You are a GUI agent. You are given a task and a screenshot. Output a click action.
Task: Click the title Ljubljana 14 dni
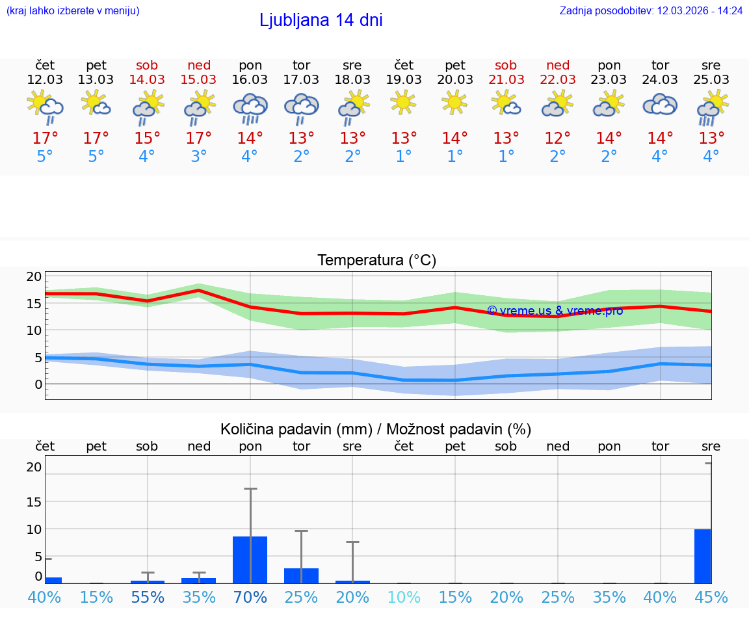[x=321, y=20]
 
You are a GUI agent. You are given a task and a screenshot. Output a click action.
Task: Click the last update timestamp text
[x=651, y=10]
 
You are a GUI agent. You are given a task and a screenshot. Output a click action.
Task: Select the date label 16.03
[x=250, y=80]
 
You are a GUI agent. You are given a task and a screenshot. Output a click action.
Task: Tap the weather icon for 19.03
[x=404, y=102]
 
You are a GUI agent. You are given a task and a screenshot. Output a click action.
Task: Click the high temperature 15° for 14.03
[x=148, y=139]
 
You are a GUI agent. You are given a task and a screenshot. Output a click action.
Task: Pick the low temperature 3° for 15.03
[x=199, y=157]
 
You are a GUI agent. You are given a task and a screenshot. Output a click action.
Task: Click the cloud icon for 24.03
[x=660, y=105]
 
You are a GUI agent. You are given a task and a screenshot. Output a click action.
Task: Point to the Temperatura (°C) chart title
[x=376, y=260]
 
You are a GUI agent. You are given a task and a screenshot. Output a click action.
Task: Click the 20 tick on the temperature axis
[x=34, y=276]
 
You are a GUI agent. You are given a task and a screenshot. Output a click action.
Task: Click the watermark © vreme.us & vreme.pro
[x=555, y=311]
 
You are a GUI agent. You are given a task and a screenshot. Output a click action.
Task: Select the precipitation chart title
[x=376, y=429]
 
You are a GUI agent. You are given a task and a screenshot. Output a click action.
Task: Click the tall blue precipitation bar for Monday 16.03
[x=250, y=559]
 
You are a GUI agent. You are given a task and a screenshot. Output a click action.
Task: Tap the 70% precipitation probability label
[x=250, y=597]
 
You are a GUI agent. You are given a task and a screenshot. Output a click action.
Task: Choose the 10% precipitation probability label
[x=404, y=597]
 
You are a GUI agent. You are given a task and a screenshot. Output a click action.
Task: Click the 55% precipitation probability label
[x=148, y=597]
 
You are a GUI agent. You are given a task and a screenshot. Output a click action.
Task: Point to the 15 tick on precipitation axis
[x=34, y=501]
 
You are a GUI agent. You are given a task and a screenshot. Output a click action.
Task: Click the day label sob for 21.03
[x=506, y=65]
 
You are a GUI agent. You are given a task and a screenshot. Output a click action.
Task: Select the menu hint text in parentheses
[x=72, y=10]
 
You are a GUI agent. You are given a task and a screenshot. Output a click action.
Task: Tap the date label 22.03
[x=557, y=80]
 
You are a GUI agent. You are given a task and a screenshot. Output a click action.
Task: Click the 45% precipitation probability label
[x=711, y=597]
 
